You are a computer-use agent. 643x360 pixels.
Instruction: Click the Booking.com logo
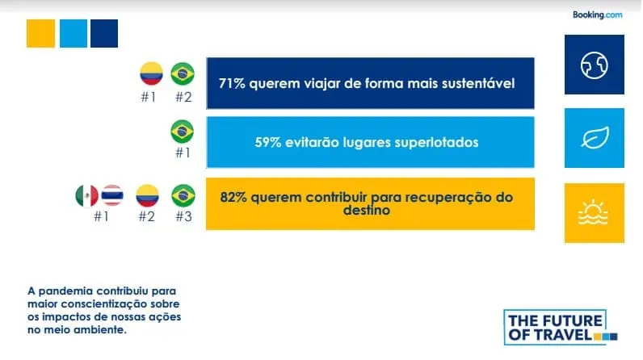point(597,15)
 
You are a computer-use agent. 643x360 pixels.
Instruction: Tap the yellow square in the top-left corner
point(40,33)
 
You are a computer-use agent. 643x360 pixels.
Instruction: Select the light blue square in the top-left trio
point(74,33)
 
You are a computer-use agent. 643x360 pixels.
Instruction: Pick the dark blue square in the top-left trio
point(104,33)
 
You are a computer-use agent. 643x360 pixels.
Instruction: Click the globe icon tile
point(595,65)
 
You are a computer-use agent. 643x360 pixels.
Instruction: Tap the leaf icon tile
point(595,138)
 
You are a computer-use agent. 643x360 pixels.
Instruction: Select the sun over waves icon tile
point(595,213)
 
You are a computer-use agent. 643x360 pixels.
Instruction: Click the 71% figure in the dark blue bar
point(232,84)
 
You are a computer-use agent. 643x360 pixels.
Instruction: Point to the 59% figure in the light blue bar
point(267,143)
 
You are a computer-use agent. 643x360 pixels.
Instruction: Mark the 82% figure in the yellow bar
point(233,198)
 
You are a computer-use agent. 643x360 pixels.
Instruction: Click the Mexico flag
point(87,196)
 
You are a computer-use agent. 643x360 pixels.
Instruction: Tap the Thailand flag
point(112,195)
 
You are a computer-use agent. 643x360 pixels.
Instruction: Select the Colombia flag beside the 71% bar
point(151,73)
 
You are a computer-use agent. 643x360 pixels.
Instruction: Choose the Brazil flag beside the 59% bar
point(182,132)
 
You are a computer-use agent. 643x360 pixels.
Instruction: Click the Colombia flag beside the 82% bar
point(147,196)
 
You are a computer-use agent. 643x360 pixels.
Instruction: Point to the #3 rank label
point(183,216)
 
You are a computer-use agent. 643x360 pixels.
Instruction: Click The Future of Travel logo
point(561,327)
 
